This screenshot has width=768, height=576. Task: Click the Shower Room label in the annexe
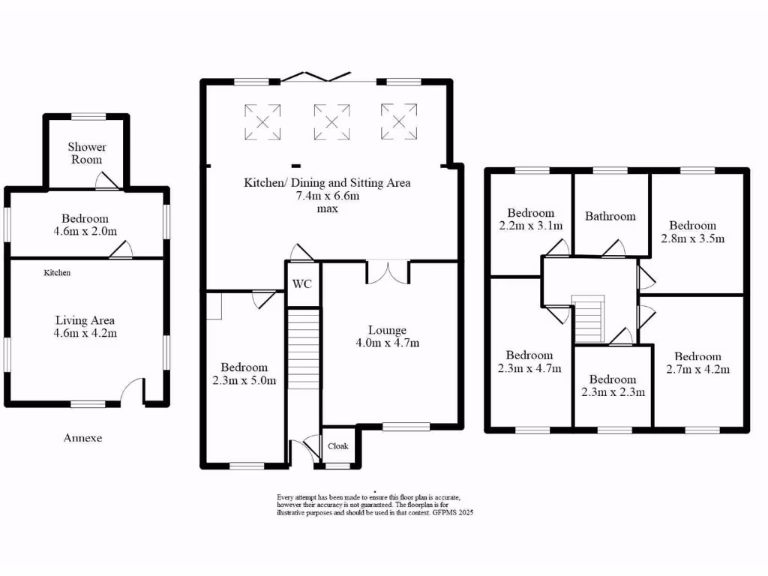[x=87, y=153]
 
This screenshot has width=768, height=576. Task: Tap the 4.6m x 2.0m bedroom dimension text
[x=86, y=231]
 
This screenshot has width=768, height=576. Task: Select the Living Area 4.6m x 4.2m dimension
[x=86, y=333]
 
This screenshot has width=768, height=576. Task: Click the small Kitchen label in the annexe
[x=57, y=273]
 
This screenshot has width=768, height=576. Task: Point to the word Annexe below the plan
[x=82, y=438]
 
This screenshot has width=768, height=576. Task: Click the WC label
[x=303, y=284]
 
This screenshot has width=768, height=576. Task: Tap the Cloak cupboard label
[x=338, y=446]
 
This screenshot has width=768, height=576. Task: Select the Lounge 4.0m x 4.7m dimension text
[x=387, y=343]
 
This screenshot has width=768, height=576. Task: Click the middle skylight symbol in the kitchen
[x=331, y=121]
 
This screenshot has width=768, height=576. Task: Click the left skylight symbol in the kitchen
[x=262, y=121]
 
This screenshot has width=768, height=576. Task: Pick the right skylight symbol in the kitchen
[x=398, y=121]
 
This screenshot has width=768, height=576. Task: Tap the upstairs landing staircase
[x=589, y=318]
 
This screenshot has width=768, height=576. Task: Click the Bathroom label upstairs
[x=610, y=217]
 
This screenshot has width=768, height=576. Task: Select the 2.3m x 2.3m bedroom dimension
[x=613, y=392]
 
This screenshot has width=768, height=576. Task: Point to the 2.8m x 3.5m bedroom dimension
[x=693, y=239]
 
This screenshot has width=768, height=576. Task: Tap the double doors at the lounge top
[x=387, y=271]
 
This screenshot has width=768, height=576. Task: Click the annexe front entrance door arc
[x=133, y=388]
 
